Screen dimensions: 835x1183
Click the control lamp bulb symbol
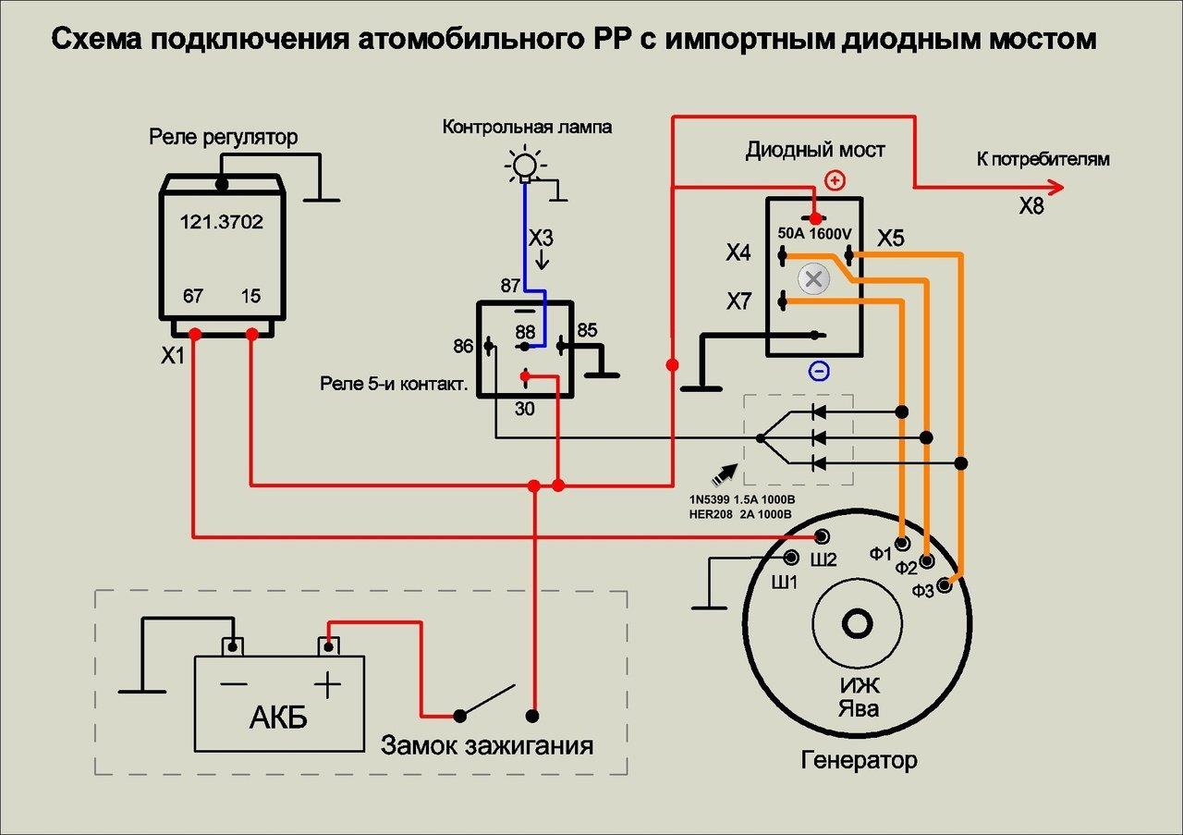(x=525, y=166)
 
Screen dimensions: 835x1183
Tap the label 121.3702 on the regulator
(x=221, y=222)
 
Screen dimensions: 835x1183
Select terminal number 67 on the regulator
(x=193, y=297)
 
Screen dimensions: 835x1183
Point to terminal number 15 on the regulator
(x=250, y=297)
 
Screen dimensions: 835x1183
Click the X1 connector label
(x=173, y=356)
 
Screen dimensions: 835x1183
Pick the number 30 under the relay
(x=524, y=408)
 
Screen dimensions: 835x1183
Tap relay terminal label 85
(x=588, y=330)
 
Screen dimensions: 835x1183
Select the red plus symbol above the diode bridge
(x=835, y=180)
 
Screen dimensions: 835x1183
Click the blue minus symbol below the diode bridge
(x=819, y=372)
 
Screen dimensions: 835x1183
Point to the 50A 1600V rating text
(x=814, y=234)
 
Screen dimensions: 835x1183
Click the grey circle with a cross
(x=813, y=277)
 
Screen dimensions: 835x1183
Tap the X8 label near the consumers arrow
(x=1031, y=207)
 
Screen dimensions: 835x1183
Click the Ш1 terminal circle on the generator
(x=792, y=558)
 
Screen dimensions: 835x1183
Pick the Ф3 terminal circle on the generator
(x=945, y=585)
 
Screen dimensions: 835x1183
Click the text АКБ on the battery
(x=278, y=718)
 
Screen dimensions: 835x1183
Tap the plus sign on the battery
(x=327, y=685)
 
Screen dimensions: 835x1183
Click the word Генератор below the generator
(x=859, y=761)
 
